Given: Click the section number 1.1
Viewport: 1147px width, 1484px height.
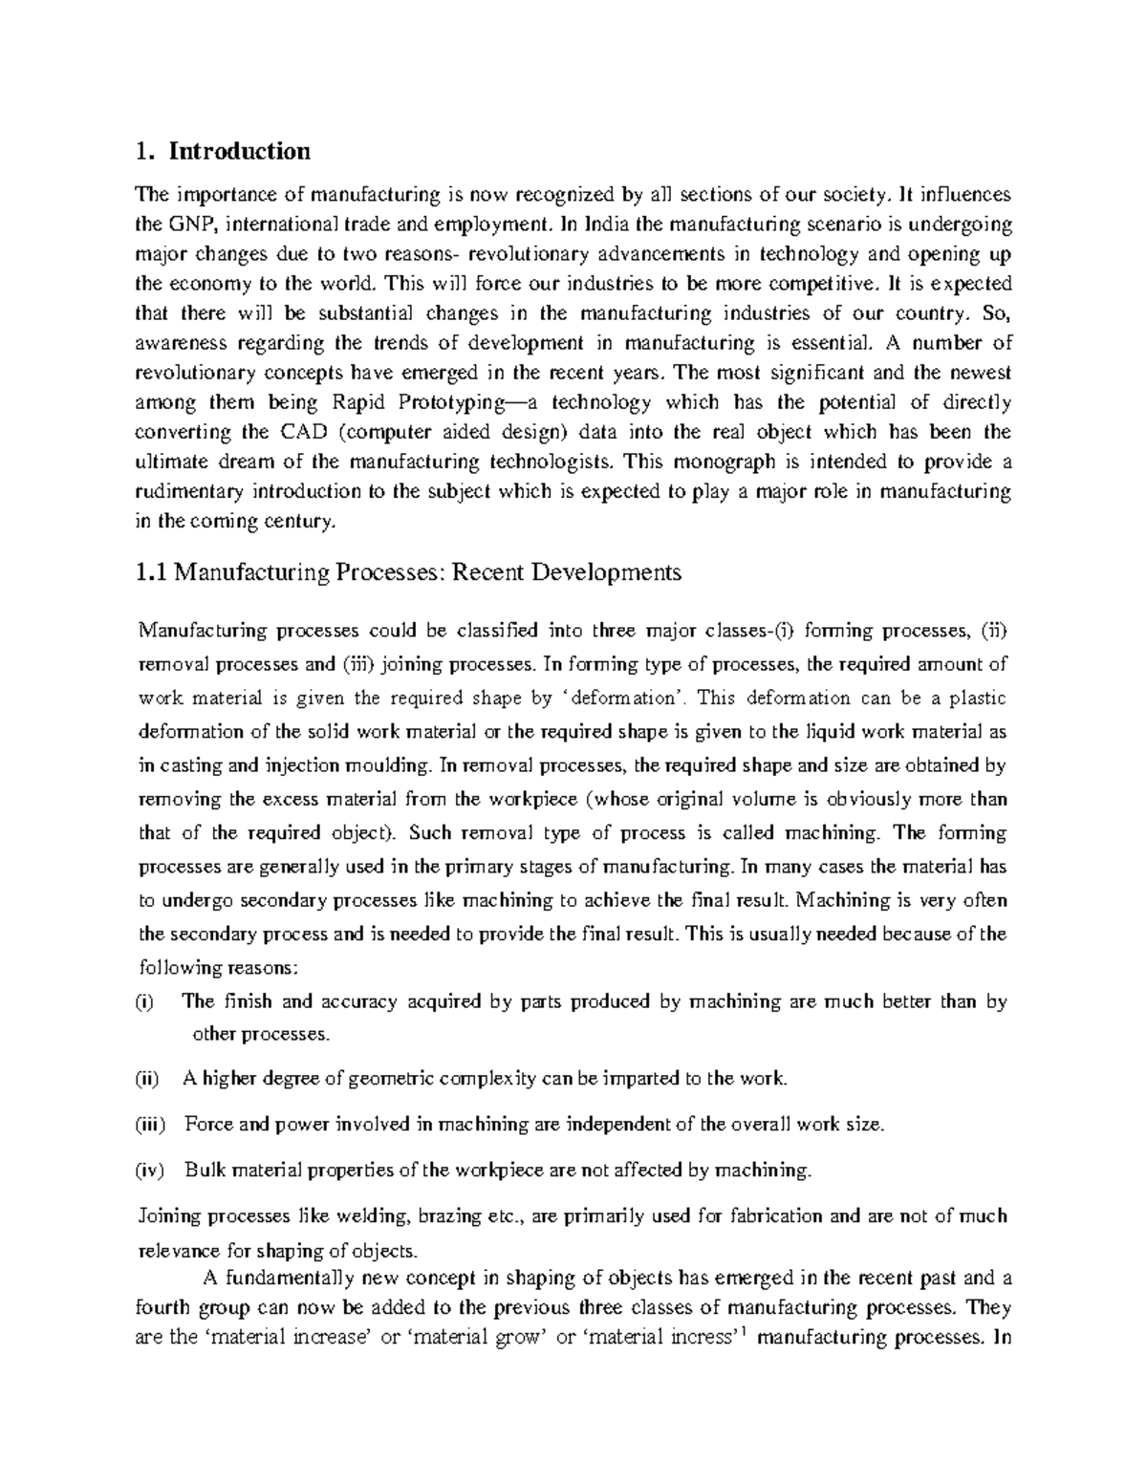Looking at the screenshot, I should pos(153,573).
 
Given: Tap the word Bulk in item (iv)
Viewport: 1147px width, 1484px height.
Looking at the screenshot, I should pos(203,1170).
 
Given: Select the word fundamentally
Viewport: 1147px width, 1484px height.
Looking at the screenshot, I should pos(283,1279).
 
